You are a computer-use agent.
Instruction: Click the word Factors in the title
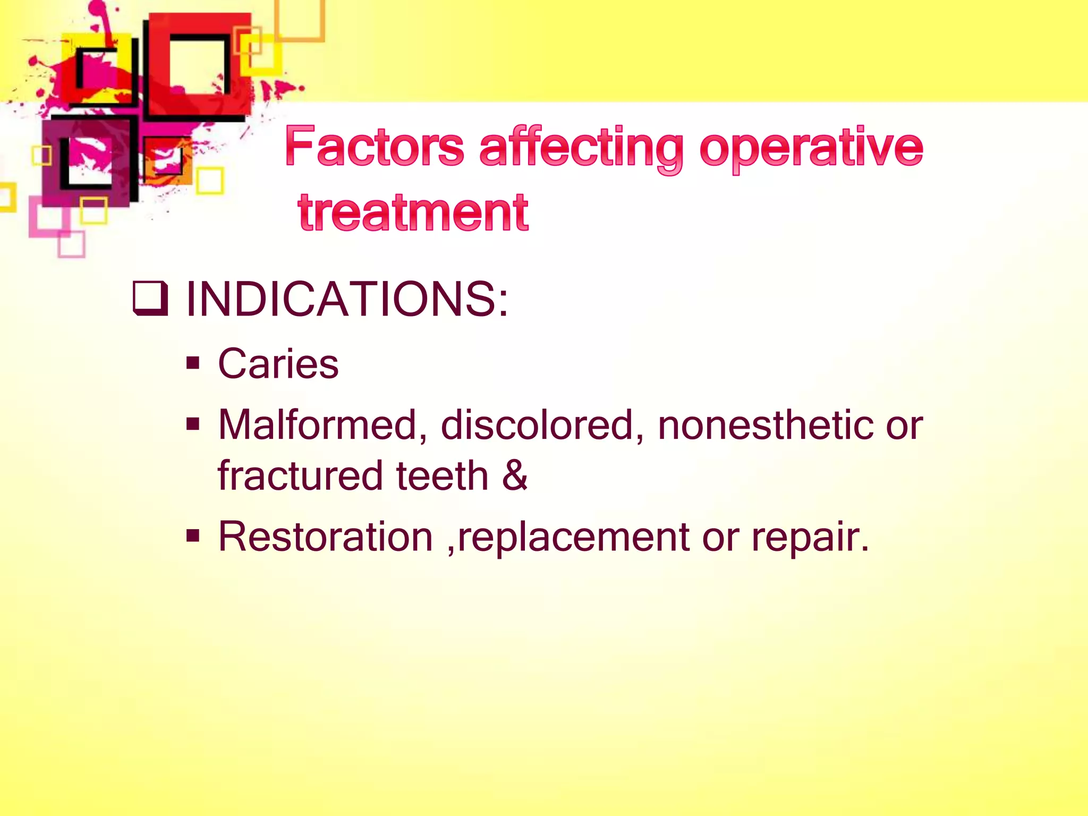[x=375, y=147]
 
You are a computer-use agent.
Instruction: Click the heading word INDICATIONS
[x=347, y=299]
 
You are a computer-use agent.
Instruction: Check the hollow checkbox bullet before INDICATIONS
[x=150, y=299]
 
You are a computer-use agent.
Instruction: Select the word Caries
[x=278, y=364]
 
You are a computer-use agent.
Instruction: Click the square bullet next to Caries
[x=193, y=364]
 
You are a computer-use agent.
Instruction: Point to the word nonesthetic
[x=764, y=425]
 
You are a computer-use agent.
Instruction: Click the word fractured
[x=300, y=475]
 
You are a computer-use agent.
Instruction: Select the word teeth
[x=442, y=475]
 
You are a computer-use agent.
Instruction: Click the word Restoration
[x=326, y=537]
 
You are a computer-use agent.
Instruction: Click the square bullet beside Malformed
[x=193, y=424]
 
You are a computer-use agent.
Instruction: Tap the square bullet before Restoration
[x=193, y=536]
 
